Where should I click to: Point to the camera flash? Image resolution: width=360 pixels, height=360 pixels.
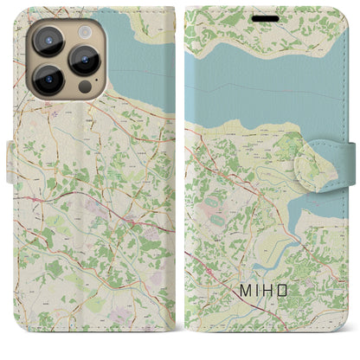[86, 29]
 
